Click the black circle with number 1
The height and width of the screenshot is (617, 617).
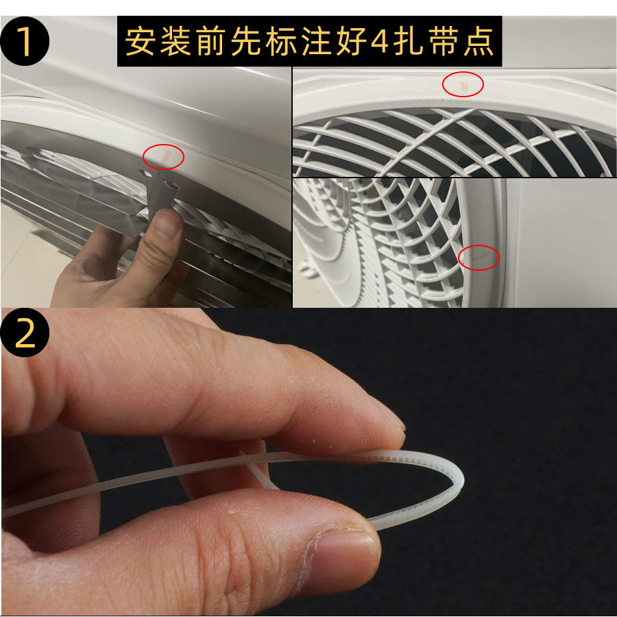25,41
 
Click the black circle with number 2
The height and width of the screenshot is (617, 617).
25,332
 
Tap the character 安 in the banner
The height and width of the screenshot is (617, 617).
140,41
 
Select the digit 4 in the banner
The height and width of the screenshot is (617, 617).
380,42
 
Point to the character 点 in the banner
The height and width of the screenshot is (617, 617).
479,41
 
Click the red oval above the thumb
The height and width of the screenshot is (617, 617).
163,156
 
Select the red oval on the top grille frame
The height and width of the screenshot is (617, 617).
463,84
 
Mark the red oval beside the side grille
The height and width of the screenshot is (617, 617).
479,257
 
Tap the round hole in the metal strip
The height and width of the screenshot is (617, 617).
171,184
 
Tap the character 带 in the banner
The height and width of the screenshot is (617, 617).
444,41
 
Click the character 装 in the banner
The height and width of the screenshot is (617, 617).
175,41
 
